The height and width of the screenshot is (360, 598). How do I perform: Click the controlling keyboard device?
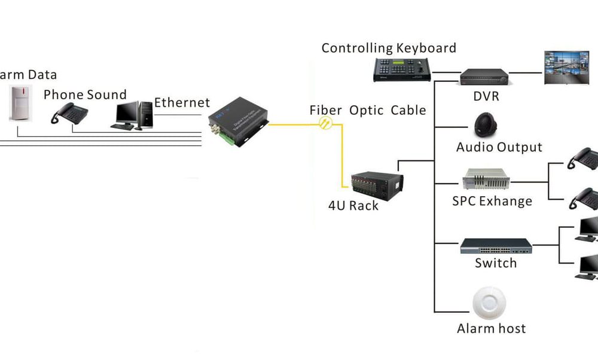click(x=402, y=70)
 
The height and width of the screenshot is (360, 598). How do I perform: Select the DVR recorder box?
click(x=484, y=76)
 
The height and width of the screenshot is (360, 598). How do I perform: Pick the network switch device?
click(x=496, y=245)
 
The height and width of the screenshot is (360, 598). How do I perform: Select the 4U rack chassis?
click(x=376, y=186)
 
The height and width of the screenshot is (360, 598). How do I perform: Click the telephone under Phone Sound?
click(x=70, y=112)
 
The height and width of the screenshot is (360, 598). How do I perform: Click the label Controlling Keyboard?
click(x=389, y=48)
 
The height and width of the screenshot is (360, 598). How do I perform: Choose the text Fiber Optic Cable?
click(x=368, y=110)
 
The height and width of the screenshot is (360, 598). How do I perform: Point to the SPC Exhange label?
click(x=492, y=201)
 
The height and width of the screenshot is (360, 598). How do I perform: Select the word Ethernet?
click(x=182, y=103)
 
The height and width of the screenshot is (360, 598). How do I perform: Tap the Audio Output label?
click(x=499, y=147)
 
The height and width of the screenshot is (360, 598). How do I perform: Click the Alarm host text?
click(x=492, y=328)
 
